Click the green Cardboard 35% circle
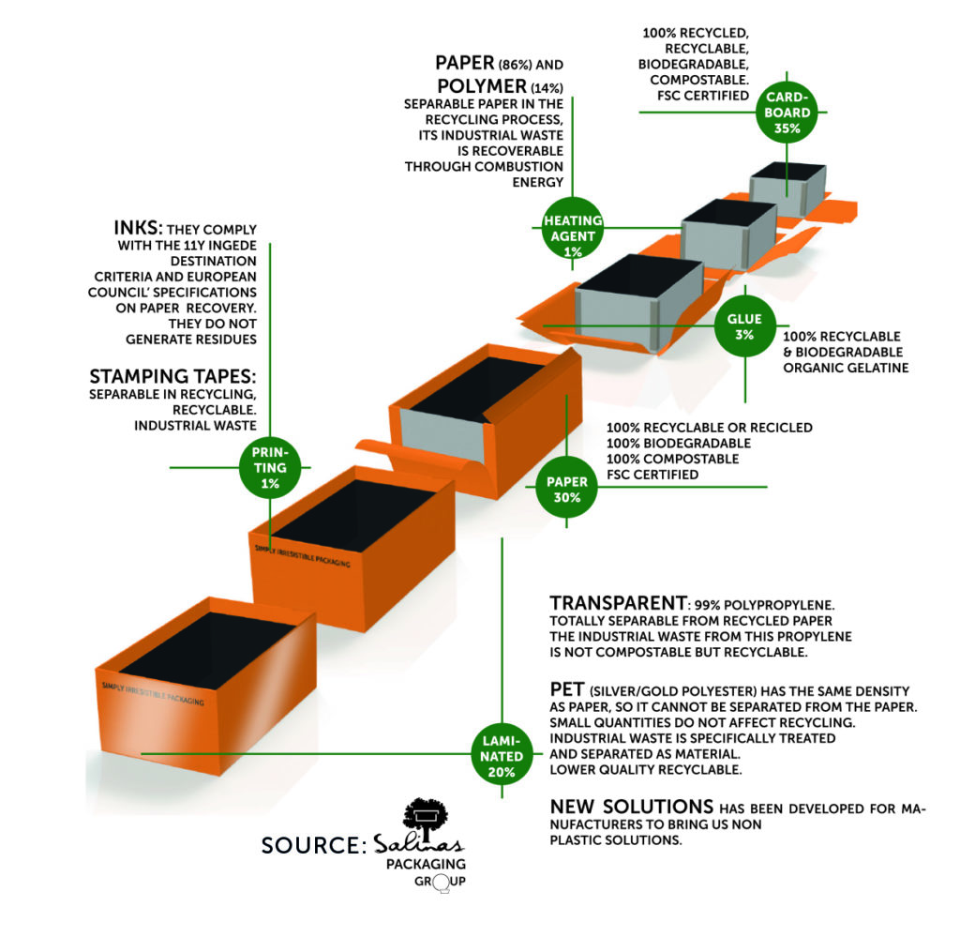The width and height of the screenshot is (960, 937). point(787,113)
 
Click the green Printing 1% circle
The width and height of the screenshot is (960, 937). point(270,466)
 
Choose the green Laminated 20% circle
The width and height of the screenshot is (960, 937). point(503,756)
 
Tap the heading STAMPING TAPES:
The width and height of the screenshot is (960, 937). point(172,376)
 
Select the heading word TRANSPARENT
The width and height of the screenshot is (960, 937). point(612,603)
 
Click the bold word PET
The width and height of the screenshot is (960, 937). point(567,689)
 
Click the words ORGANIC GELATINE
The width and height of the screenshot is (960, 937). point(846,368)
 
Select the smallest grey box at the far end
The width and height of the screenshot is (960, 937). point(788,190)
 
